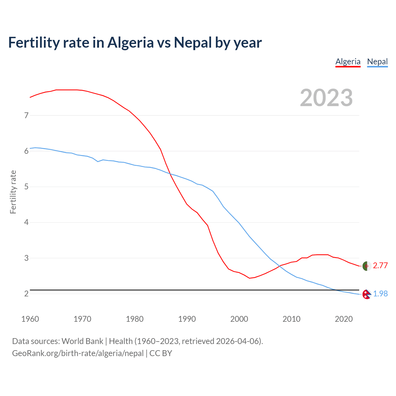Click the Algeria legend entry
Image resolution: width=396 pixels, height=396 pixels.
(x=348, y=62)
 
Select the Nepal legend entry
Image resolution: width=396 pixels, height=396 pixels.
(x=377, y=62)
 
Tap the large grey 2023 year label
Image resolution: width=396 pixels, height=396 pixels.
(x=326, y=98)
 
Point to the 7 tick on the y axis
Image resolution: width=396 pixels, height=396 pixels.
(x=26, y=115)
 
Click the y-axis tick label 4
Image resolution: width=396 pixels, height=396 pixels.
(x=26, y=222)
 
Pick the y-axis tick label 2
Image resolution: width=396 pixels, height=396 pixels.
(x=26, y=294)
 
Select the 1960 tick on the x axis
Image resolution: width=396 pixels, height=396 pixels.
(x=30, y=319)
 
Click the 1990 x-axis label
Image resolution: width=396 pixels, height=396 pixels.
(x=187, y=319)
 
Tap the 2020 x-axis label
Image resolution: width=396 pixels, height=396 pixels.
(x=344, y=319)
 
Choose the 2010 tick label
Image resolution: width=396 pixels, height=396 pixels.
(x=291, y=319)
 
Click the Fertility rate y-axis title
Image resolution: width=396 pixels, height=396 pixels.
(x=13, y=192)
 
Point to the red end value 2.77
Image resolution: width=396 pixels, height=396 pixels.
(x=380, y=265)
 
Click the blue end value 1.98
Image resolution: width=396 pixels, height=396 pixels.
(x=380, y=294)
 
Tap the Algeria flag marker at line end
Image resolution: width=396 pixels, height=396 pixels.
(x=367, y=266)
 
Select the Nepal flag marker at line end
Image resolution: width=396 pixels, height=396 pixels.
(x=367, y=294)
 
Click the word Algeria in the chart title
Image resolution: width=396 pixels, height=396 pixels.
(x=130, y=43)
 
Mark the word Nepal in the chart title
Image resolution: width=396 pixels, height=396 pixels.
(x=193, y=43)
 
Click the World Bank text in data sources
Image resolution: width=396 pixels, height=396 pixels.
(x=82, y=341)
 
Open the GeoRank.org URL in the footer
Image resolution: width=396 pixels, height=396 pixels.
(x=78, y=353)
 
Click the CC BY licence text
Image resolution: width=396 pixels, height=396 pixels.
(x=161, y=353)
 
